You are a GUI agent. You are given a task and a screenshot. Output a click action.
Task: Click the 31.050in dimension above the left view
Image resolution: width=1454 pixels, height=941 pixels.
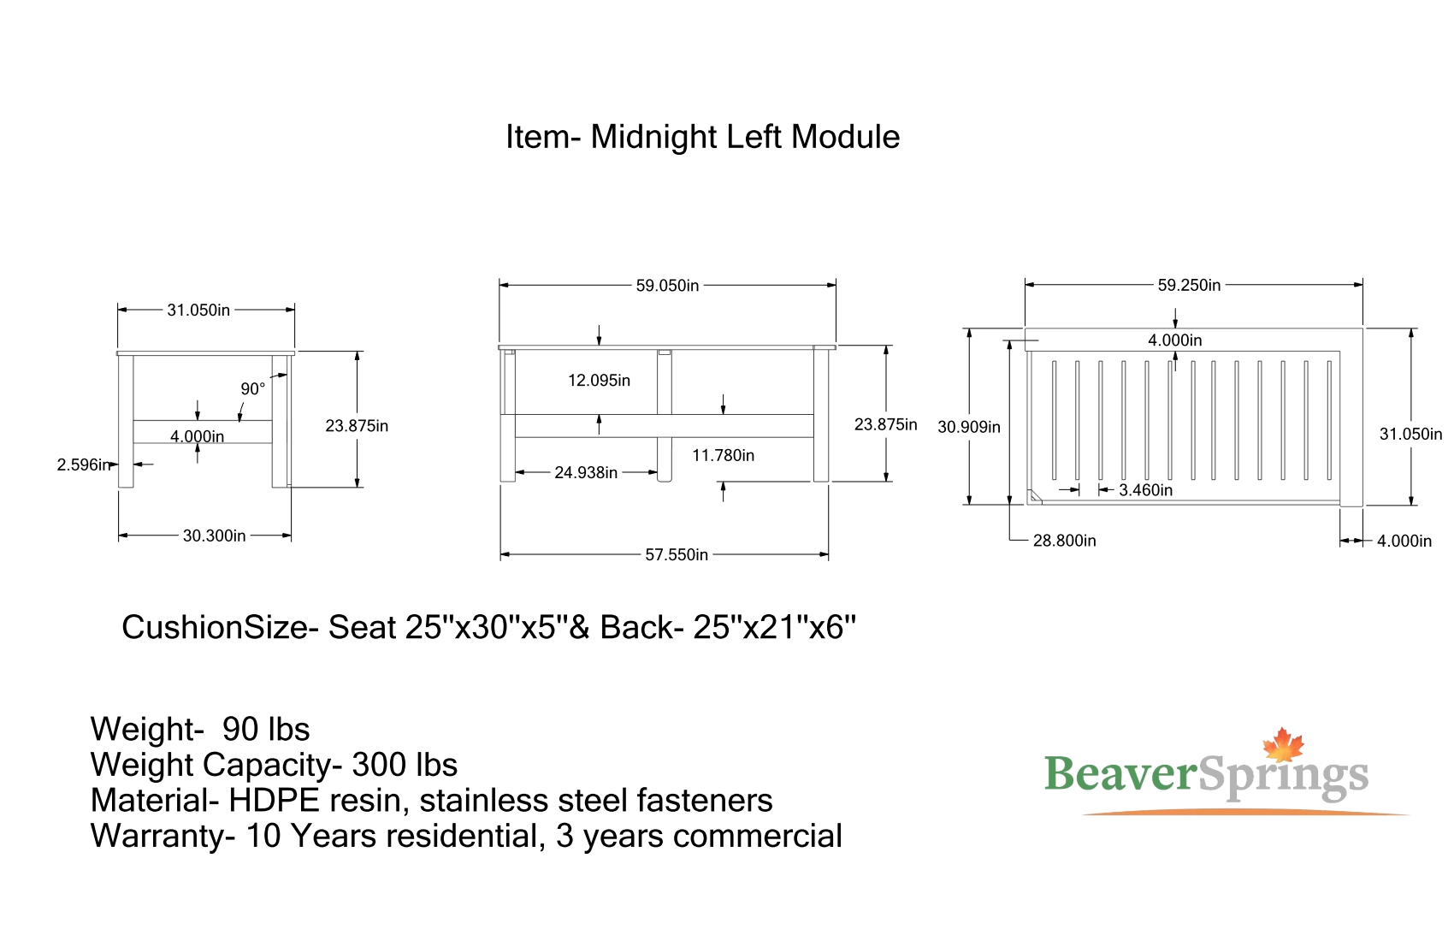[198, 310]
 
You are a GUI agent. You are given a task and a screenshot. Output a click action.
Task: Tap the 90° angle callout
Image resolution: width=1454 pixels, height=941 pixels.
[252, 389]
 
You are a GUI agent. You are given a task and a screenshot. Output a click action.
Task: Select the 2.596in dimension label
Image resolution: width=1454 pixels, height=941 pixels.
[83, 465]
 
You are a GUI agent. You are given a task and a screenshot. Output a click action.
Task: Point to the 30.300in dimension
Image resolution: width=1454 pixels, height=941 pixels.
[214, 536]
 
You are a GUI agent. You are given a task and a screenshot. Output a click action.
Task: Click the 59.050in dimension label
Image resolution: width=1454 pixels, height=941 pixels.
[667, 286]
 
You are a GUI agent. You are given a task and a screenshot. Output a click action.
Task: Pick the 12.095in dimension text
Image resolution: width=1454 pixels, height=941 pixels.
[599, 381]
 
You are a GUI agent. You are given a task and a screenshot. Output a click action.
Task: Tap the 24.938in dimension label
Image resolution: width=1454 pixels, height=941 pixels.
[586, 472]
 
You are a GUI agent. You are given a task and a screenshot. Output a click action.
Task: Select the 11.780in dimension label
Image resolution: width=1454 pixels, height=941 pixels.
[723, 455]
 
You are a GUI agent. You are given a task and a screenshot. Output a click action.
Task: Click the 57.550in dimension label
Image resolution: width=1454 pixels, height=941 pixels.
[677, 555]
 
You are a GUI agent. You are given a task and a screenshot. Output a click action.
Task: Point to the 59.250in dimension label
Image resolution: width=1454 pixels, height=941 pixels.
[1189, 286]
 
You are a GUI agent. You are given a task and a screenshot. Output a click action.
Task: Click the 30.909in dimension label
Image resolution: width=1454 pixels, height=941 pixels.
[968, 427]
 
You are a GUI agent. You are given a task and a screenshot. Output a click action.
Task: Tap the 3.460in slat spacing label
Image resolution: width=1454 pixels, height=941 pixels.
[1145, 490]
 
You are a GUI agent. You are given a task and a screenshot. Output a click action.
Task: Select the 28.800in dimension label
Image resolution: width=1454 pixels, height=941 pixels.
[1064, 541]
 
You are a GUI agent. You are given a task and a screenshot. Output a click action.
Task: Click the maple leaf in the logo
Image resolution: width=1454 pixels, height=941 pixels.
[1283, 745]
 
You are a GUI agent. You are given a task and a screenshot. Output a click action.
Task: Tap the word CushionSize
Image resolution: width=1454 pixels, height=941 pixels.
[214, 628]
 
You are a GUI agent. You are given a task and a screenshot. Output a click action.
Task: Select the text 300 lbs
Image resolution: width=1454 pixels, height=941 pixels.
[405, 765]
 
